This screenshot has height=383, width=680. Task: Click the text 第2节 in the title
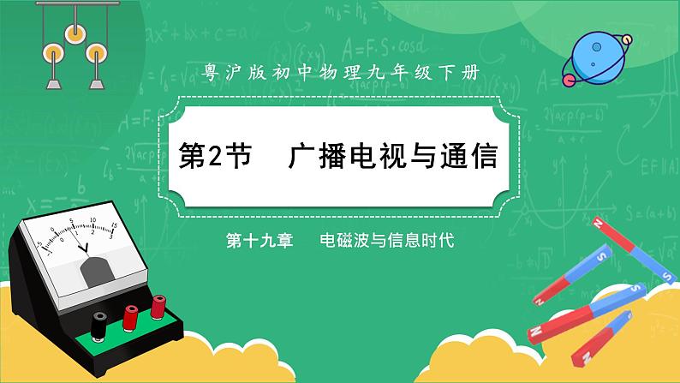(x=214, y=158)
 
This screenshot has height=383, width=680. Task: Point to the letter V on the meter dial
(x=84, y=248)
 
